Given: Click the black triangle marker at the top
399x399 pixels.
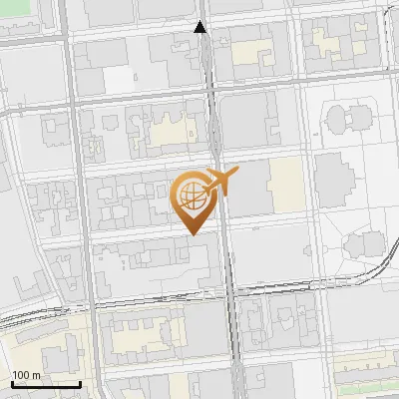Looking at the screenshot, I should pos(200,27).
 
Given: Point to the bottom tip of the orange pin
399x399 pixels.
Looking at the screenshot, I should pos(193,233).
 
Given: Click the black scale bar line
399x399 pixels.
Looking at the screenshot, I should pos(46,384).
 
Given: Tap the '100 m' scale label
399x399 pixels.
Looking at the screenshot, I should pos(27,375).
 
